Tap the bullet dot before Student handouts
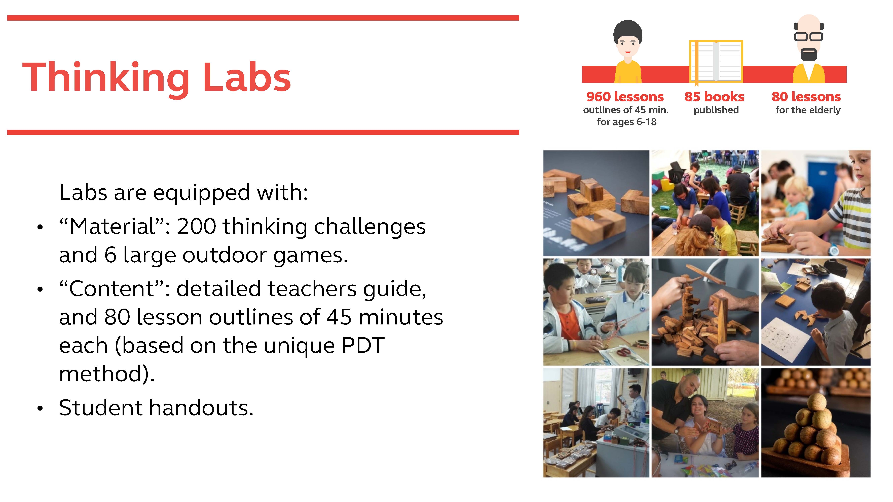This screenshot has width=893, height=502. pos(40,408)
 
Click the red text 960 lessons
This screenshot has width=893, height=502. pos(625,97)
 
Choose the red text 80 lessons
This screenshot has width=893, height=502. pos(806,97)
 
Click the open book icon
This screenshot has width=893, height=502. pos(716,61)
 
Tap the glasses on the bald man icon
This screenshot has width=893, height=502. pos(808,36)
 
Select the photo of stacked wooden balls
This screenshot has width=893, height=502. pos(816,423)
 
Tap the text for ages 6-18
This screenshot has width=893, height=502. pos(626,122)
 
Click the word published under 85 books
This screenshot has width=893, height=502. pos(716,110)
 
